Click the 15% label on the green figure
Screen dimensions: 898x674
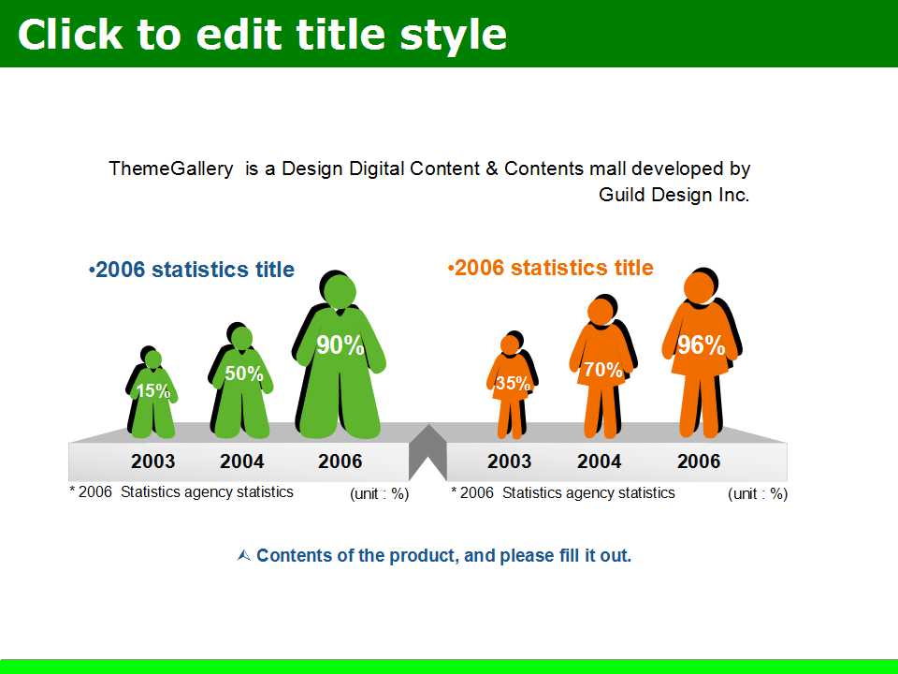coord(153,391)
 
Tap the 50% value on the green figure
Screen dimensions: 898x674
coord(244,374)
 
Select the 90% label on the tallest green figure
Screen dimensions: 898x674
coord(340,345)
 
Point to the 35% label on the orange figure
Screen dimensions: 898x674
coord(513,383)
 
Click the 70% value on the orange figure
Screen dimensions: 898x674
coord(603,370)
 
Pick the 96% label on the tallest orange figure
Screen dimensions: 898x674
coord(702,345)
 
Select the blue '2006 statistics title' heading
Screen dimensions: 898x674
coord(192,270)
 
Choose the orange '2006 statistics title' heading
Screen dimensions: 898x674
coord(550,268)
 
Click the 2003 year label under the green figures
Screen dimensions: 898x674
coord(152,462)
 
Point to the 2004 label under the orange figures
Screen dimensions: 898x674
coord(599,462)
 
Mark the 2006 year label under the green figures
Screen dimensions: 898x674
coord(340,462)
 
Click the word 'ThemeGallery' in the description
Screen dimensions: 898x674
coord(171,168)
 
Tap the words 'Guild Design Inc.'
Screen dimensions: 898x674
coord(674,195)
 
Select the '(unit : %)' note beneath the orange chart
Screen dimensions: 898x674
coord(758,494)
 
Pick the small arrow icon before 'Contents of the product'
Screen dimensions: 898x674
coord(244,555)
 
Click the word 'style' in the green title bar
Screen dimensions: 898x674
coord(453,35)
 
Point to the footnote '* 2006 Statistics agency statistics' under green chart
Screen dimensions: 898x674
coord(181,491)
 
